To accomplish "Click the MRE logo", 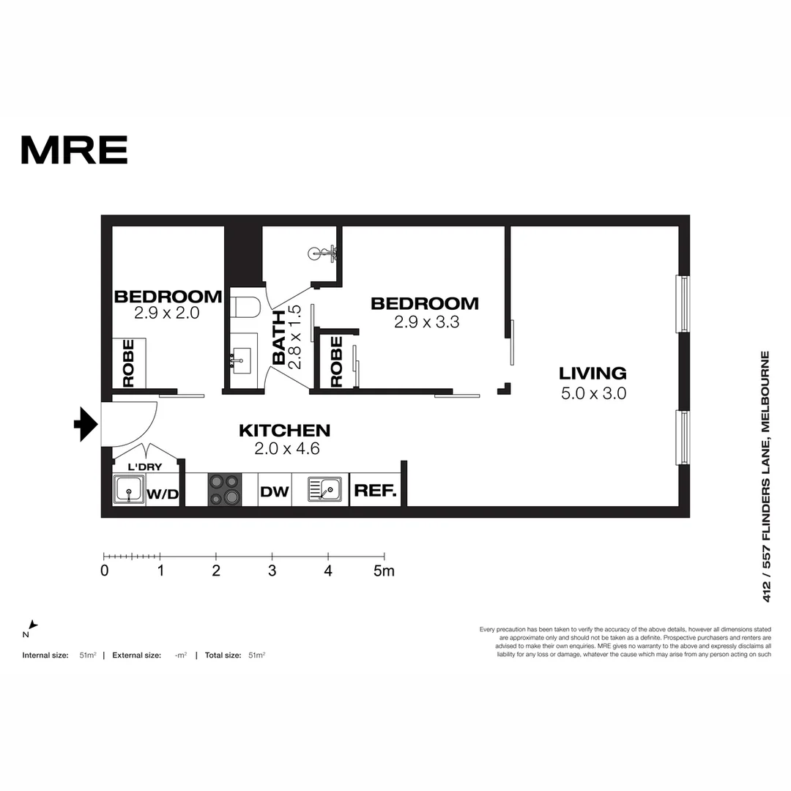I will coord(74,149).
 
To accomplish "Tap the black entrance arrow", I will coord(86,424).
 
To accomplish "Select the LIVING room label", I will coord(593,374).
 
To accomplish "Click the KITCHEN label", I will coord(285,431).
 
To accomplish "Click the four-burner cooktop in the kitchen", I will coord(225,489).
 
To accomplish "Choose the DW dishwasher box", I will coord(275,491).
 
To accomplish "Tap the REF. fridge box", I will coord(375,491).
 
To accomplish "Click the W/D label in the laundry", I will coord(163,494).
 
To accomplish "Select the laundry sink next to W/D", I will coord(129,489).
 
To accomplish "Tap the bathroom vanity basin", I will coord(239,360).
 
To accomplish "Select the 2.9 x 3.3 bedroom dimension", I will coord(426,322).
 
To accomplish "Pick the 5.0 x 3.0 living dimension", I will coord(593,393).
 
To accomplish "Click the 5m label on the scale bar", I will coord(384,571).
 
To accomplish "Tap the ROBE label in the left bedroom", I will coord(129,363).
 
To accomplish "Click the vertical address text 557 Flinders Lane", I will coord(766,476).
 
